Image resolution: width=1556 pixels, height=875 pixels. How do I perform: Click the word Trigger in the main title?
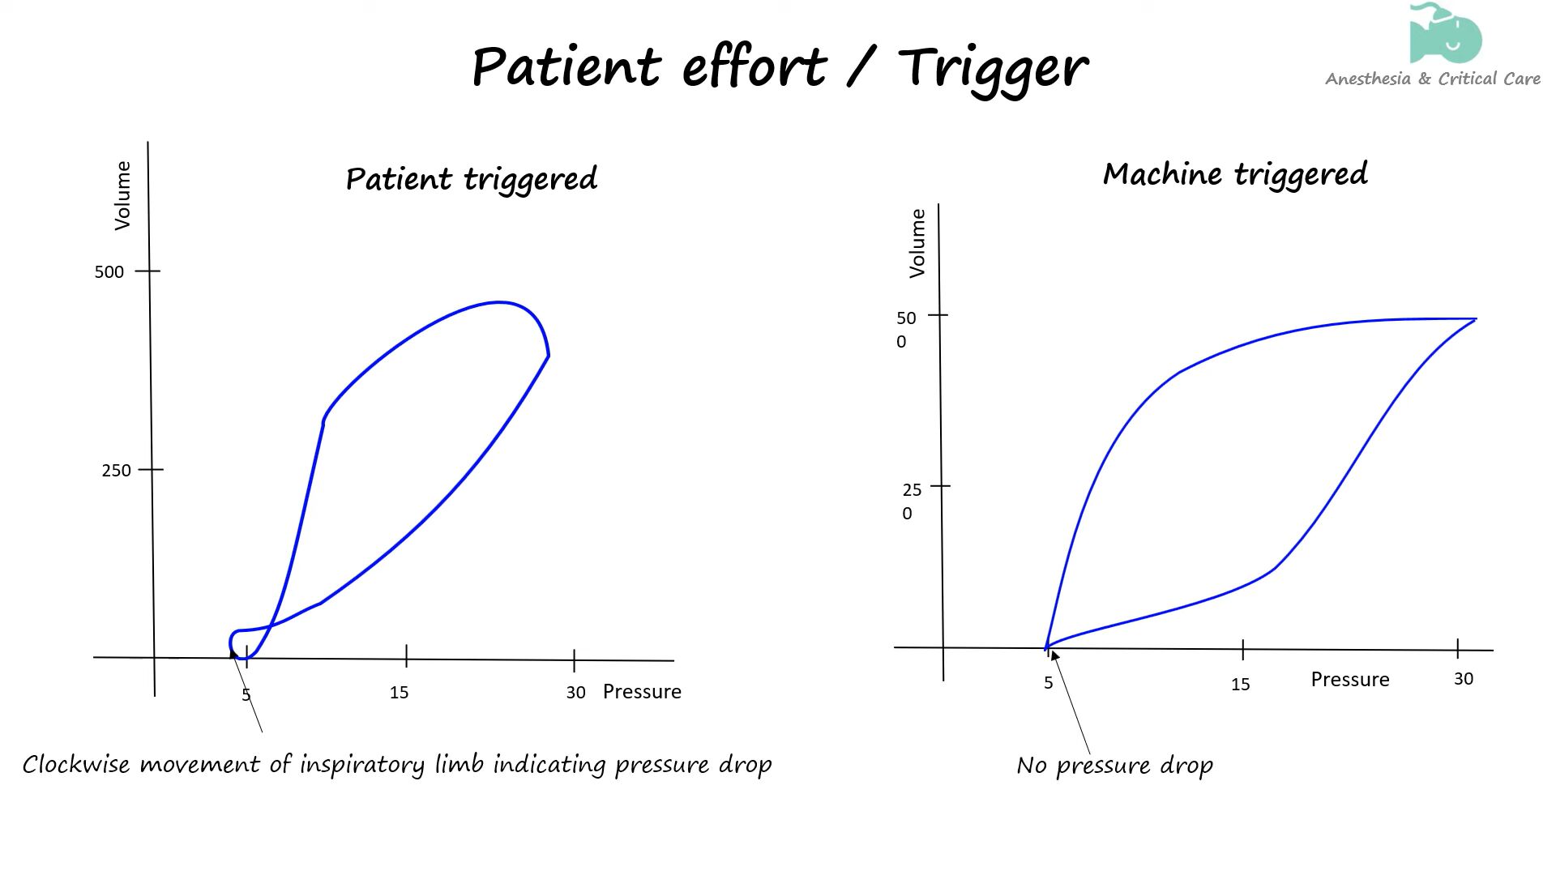coord(993,67)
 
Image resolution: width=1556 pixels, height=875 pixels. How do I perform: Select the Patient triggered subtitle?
coord(471,179)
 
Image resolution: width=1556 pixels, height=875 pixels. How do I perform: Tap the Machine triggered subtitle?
coord(1235,174)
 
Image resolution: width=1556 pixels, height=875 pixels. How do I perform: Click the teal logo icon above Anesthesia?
coord(1446,34)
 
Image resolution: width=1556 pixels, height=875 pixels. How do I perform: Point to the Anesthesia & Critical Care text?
coord(1432,79)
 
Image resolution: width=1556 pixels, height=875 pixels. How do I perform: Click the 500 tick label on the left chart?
coord(109,272)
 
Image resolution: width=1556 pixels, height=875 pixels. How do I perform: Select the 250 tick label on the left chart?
coord(116,471)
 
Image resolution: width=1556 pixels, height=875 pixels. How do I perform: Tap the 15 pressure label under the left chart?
coord(399,693)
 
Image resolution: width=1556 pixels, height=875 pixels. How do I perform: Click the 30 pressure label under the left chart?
coord(575,693)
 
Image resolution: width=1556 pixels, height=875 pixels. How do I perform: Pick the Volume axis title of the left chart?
coord(122,195)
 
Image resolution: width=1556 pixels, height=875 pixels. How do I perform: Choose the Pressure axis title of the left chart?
coord(642,692)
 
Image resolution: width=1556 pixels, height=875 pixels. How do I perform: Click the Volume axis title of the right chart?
coord(917,243)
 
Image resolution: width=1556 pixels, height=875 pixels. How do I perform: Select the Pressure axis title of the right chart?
coord(1349,680)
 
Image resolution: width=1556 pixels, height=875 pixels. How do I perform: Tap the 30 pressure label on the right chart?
coord(1463,679)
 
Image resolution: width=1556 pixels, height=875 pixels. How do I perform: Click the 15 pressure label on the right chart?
coord(1240,685)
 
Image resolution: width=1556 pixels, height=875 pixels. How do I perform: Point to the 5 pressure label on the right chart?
coord(1048,683)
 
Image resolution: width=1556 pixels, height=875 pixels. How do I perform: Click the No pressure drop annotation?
coord(1114,766)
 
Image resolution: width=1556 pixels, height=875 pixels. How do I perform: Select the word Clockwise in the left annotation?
coord(75,764)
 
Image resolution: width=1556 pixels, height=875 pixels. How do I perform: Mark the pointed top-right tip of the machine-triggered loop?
coord(1475,319)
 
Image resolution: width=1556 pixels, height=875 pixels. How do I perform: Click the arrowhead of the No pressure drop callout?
coord(1054,655)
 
